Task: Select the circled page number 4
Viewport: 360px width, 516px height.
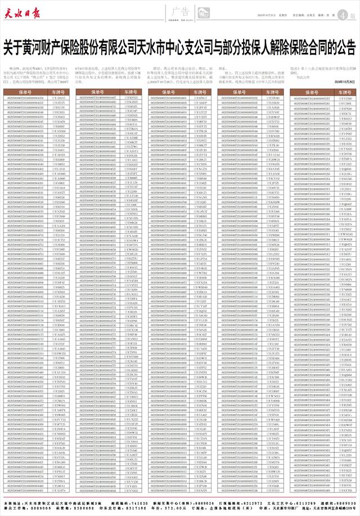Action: (x=345, y=15)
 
